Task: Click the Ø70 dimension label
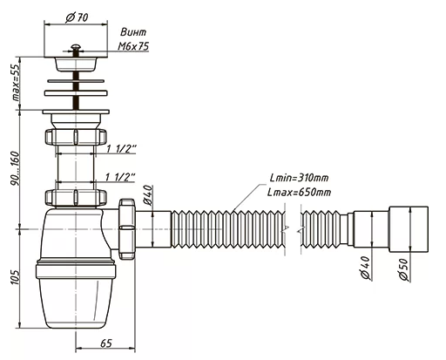tap(77, 17)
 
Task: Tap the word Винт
tap(133, 32)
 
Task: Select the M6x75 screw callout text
tap(133, 46)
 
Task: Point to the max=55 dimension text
tap(16, 82)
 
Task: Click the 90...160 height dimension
tap(15, 168)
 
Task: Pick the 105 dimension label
tap(16, 277)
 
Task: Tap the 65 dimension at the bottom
tap(106, 343)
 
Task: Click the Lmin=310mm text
tap(299, 178)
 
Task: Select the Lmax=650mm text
tap(299, 192)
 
